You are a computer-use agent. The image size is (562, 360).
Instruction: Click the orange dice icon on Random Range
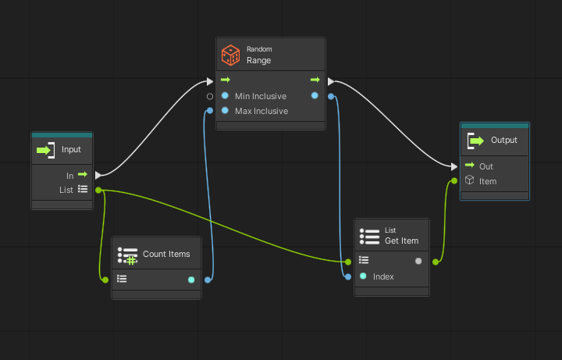230,54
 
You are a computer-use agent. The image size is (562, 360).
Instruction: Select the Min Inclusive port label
261,96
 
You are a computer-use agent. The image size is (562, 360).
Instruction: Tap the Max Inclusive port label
261,111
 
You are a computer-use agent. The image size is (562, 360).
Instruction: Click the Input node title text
71,149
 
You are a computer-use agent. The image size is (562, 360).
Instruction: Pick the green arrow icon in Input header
45,149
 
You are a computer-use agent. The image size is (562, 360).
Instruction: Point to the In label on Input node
69,176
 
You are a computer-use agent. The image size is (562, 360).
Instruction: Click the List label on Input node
66,190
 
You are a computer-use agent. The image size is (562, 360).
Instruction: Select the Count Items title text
166,254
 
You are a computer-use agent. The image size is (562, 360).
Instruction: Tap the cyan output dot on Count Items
191,279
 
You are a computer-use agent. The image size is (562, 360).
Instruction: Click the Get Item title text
401,241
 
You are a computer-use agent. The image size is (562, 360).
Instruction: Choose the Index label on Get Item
383,276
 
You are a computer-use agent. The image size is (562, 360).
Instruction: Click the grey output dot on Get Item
418,261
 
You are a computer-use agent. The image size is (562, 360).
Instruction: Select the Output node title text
503,141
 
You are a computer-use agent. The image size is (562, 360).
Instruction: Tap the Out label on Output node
486,166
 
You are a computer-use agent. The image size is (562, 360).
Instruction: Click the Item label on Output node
488,181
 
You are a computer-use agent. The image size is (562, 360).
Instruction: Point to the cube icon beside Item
470,180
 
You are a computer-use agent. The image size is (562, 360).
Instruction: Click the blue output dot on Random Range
315,96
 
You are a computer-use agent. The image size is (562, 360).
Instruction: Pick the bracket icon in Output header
473,141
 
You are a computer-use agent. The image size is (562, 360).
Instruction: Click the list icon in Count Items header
127,255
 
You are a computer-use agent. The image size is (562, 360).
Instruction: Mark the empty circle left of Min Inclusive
210,96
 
